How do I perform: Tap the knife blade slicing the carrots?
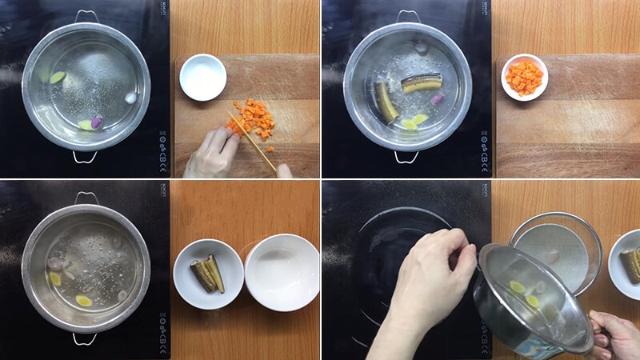click(x=250, y=139)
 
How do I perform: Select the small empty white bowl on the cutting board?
click(x=202, y=77)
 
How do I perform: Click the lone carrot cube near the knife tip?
click(x=270, y=149)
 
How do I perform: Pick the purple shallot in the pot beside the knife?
click(x=97, y=122)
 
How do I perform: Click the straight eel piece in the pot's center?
click(x=421, y=82)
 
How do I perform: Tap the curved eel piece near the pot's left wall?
click(x=385, y=102)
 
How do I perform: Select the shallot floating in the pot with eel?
click(x=437, y=100)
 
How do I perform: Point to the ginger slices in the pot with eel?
click(x=414, y=121)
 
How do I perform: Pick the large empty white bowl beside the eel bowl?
click(x=282, y=272)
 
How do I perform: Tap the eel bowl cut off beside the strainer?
click(x=626, y=264)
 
